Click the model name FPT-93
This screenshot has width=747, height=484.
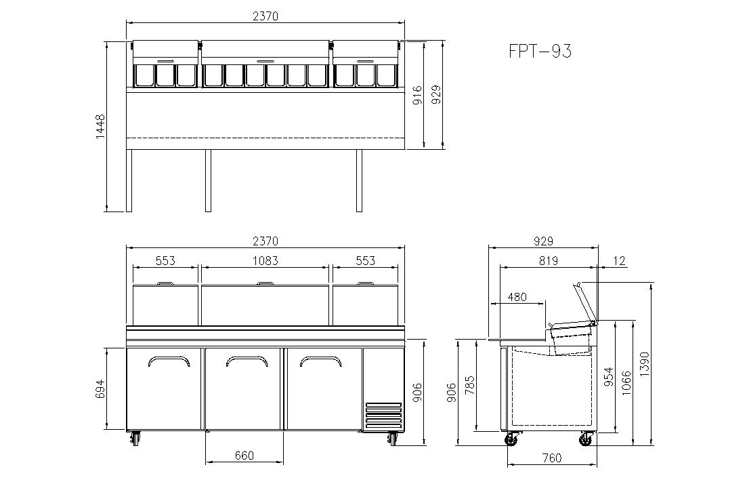click(x=540, y=51)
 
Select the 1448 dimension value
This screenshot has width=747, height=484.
click(x=100, y=126)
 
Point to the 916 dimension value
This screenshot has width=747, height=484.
click(x=417, y=95)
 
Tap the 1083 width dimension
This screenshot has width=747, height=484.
click(x=265, y=261)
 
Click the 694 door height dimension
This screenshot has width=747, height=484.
click(x=100, y=389)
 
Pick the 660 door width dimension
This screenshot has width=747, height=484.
click(x=244, y=456)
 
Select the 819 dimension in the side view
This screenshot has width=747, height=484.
click(x=549, y=261)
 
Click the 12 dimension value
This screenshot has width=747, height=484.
click(x=619, y=261)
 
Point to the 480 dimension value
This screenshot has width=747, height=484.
click(x=517, y=297)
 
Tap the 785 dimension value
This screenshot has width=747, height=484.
click(x=469, y=386)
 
